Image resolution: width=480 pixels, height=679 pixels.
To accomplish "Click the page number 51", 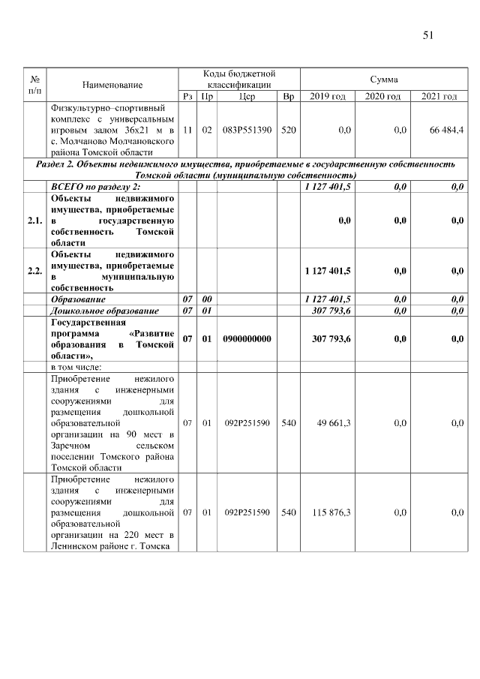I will pyautogui.click(x=429, y=35).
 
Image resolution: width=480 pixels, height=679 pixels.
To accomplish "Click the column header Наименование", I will pyautogui.click(x=112, y=85).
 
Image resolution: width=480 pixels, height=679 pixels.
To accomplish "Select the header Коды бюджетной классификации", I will pyautogui.click(x=239, y=80).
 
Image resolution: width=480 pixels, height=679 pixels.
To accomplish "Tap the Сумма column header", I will pyautogui.click(x=384, y=80).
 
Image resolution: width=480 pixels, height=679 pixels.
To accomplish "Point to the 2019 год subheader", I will pyautogui.click(x=328, y=97).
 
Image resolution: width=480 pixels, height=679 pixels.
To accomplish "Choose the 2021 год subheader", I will pyautogui.click(x=439, y=97).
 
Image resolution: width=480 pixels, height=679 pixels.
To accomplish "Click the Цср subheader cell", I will pyautogui.click(x=247, y=97).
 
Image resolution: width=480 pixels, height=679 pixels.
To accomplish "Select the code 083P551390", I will pyautogui.click(x=247, y=130).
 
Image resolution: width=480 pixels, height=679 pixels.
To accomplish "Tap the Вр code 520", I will pyautogui.click(x=288, y=130).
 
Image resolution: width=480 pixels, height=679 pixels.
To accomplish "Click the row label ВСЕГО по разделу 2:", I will pyautogui.click(x=96, y=187).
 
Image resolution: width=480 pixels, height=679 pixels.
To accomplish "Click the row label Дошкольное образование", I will pyautogui.click(x=104, y=310).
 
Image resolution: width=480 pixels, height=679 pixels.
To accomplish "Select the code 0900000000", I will pyautogui.click(x=247, y=339).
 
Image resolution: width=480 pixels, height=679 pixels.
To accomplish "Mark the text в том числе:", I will pyautogui.click(x=76, y=367).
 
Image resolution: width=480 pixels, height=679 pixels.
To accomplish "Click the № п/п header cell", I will pyautogui.click(x=34, y=85).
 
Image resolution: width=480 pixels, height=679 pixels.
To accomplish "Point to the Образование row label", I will pyautogui.click(x=81, y=299).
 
